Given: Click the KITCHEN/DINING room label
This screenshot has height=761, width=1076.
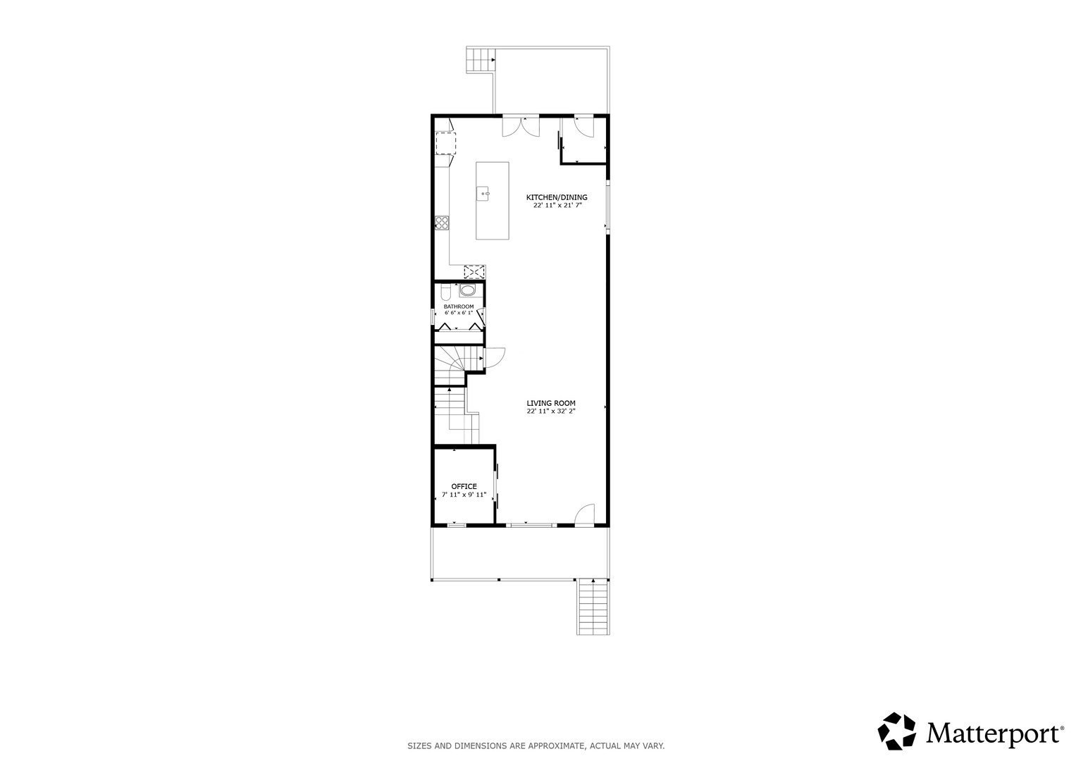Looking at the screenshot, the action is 557,197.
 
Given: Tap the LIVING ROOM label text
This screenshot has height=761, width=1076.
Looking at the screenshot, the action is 551,404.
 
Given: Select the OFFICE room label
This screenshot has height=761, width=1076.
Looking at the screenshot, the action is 464,487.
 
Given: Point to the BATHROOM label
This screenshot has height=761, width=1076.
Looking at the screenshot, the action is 459,307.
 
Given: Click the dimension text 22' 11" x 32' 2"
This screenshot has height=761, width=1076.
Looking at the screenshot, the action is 551,412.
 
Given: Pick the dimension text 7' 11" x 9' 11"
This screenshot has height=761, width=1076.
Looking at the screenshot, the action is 464,495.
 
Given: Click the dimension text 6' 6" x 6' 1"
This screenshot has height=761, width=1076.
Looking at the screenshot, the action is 459,313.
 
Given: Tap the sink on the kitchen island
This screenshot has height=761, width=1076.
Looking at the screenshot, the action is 483,194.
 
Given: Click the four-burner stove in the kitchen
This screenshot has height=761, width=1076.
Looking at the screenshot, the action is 442,223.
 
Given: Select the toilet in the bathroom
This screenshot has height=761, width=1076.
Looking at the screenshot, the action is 446,291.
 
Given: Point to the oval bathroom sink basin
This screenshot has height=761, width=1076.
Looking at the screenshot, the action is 467,290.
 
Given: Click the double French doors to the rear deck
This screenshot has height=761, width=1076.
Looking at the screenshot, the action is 521,126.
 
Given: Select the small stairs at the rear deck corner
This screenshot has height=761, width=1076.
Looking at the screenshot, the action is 481,60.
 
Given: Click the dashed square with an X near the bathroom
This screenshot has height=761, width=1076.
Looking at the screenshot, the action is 475,273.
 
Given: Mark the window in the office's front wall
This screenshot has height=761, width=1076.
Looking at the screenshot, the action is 457,525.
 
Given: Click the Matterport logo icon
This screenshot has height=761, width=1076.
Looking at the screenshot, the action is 896,731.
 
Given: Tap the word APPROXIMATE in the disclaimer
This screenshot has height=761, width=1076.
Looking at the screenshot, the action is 555,746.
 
